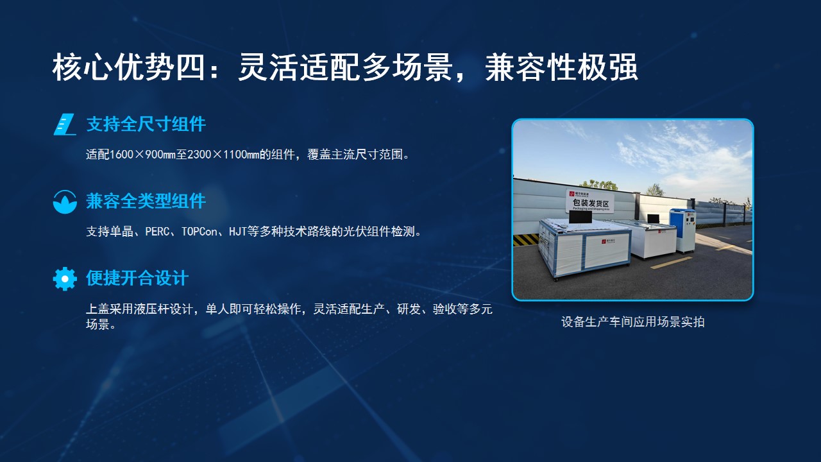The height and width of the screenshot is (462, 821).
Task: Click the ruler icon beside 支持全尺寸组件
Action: pyautogui.click(x=65, y=124)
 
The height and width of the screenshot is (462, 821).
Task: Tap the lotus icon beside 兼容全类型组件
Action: pyautogui.click(x=65, y=201)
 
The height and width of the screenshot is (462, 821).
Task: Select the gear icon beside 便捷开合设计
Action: pyautogui.click(x=65, y=278)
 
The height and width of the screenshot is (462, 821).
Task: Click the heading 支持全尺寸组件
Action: pyautogui.click(x=146, y=124)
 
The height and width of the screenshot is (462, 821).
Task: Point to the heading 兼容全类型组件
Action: pyautogui.click(x=146, y=201)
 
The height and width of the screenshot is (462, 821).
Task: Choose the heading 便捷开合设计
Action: pyautogui.click(x=137, y=278)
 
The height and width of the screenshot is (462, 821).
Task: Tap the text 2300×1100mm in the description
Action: pyautogui.click(x=223, y=155)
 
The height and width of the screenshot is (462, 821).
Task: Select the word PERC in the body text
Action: pyautogui.click(x=157, y=232)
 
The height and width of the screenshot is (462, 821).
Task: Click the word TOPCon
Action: pyautogui.click(x=199, y=232)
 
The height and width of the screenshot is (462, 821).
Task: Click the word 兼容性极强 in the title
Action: pyautogui.click(x=561, y=67)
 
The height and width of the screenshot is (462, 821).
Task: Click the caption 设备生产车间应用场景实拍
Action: pyautogui.click(x=632, y=322)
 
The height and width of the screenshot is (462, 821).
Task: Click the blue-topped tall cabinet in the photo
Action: pyautogui.click(x=682, y=230)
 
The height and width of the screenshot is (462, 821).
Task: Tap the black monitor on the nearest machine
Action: pyautogui.click(x=580, y=218)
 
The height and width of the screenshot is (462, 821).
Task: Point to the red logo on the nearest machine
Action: pyautogui.click(x=604, y=242)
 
